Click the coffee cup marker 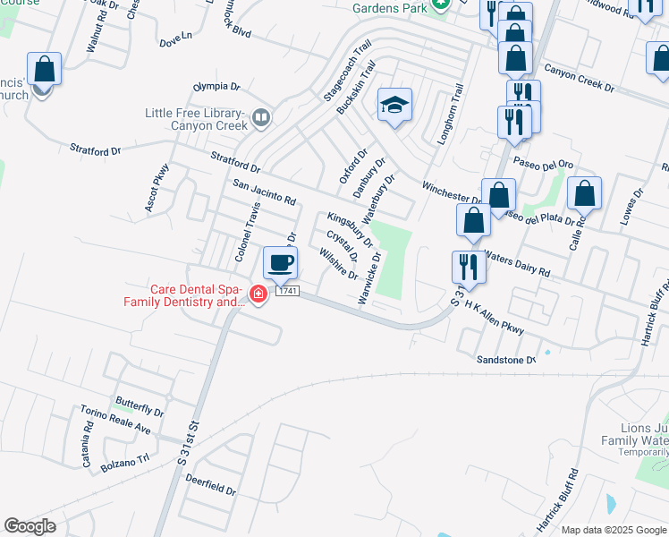click(280, 263)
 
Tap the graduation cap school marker click(394, 105)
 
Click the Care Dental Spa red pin click(258, 294)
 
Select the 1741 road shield click(286, 292)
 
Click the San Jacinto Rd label click(264, 192)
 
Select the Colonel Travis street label click(247, 232)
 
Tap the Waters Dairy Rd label click(519, 263)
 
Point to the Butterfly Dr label click(139, 406)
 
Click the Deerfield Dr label click(210, 485)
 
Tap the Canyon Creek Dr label click(579, 78)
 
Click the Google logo click(30, 526)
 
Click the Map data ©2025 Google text click(613, 530)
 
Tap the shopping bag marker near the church click(44, 69)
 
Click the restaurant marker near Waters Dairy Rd click(468, 267)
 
